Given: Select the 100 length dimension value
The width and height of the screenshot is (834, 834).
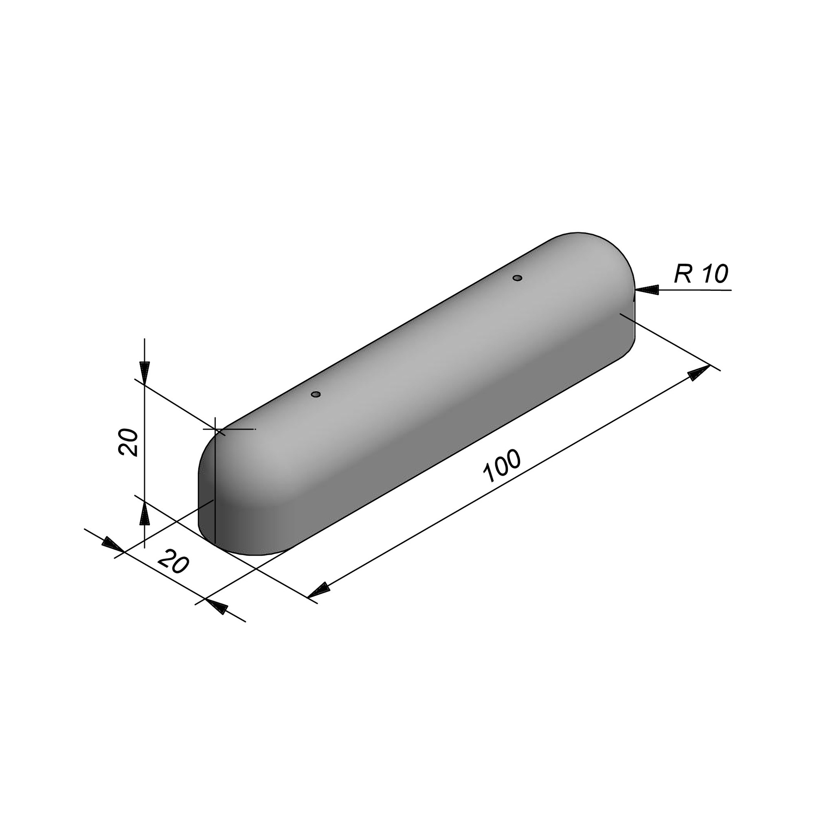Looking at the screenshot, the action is pyautogui.click(x=502, y=466).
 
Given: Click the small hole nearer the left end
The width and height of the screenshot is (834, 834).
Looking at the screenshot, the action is pyautogui.click(x=316, y=394).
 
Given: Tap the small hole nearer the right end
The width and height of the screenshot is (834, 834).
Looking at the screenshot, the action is pyautogui.click(x=518, y=278).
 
